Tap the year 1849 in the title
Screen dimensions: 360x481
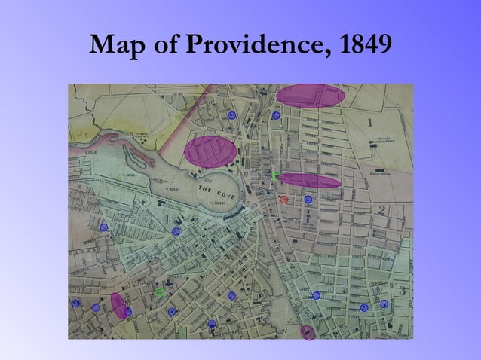(366, 47)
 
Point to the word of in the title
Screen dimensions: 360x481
(164, 47)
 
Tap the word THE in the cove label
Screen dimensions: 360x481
(204, 186)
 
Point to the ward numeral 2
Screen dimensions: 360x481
(382, 210)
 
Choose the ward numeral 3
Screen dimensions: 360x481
(403, 290)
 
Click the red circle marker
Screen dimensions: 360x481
(284, 200)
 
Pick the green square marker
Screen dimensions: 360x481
(275, 175)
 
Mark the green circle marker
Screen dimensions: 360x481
(160, 291)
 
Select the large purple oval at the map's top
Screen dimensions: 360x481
(310, 96)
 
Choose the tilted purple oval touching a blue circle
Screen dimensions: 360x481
(118, 305)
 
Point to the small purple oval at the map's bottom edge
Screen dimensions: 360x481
(308, 332)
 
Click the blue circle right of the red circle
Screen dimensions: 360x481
(308, 200)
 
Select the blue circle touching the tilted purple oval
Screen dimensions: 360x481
(128, 310)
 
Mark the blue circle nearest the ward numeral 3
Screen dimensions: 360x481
(384, 304)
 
